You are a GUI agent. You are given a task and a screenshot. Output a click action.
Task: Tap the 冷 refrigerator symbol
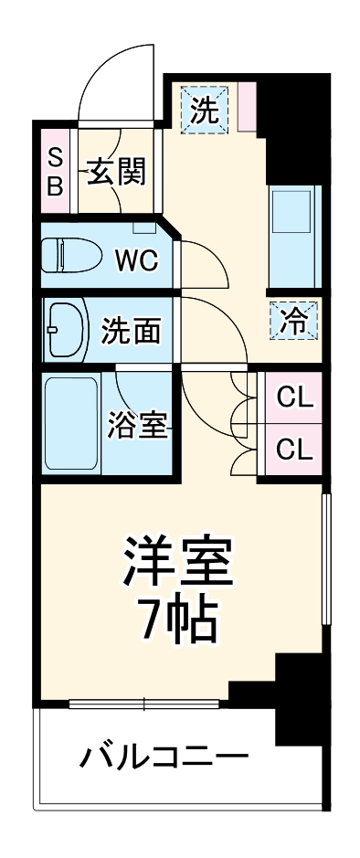(294, 320)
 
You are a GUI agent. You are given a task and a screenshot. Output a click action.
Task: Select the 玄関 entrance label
(117, 171)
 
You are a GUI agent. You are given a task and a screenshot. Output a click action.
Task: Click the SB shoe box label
(55, 171)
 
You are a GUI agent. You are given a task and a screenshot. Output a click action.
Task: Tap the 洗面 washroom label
(131, 330)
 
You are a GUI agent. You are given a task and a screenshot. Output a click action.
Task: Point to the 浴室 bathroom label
(137, 425)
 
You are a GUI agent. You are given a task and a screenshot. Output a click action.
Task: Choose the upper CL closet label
(295, 398)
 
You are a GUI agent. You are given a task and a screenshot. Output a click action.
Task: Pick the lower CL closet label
(295, 449)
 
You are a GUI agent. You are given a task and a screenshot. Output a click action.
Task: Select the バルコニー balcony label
(164, 757)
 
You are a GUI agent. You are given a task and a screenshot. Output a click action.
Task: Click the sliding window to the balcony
(144, 704)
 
